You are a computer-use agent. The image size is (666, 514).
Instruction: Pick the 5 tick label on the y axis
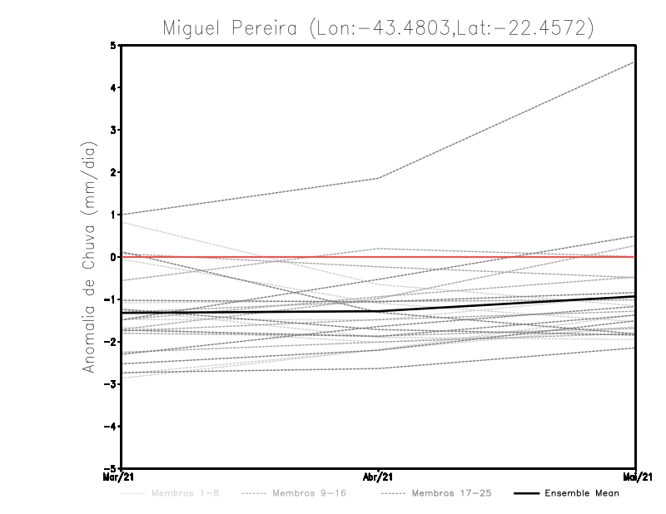(x=112, y=46)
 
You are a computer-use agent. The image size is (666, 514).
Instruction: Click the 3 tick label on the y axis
(x=112, y=131)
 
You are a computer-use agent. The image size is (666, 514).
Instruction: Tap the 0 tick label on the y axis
(x=112, y=257)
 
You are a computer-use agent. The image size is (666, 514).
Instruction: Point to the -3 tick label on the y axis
(x=111, y=384)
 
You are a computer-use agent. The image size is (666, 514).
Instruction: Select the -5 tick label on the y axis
(x=111, y=469)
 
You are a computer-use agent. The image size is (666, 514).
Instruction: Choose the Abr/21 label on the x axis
(x=379, y=477)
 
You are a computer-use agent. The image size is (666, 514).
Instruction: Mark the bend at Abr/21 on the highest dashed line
(x=379, y=178)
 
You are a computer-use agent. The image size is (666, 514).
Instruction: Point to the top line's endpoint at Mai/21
(x=634, y=62)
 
